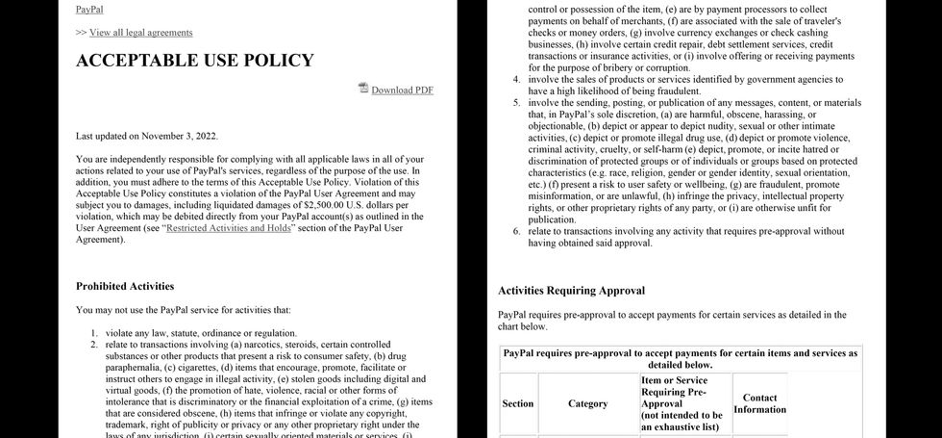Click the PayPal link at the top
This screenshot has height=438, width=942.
(x=90, y=9)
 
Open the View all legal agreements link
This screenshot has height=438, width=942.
(x=140, y=32)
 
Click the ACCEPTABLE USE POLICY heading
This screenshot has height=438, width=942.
(x=194, y=61)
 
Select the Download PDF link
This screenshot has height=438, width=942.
(x=402, y=90)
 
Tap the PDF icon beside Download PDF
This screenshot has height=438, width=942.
(x=363, y=89)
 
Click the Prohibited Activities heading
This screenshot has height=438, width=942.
(x=125, y=286)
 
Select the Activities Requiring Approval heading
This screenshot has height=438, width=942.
(x=571, y=290)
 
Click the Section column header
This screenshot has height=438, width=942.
(x=518, y=403)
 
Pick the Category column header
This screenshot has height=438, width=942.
(x=588, y=403)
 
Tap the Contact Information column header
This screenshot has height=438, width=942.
(x=759, y=403)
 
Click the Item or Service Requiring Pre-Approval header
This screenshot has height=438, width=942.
(x=680, y=403)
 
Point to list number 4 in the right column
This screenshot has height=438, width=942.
(x=516, y=79)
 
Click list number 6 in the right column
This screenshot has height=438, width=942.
(x=516, y=231)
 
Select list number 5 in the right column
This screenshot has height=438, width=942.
(x=516, y=103)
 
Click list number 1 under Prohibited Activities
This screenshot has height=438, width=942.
(x=94, y=333)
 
